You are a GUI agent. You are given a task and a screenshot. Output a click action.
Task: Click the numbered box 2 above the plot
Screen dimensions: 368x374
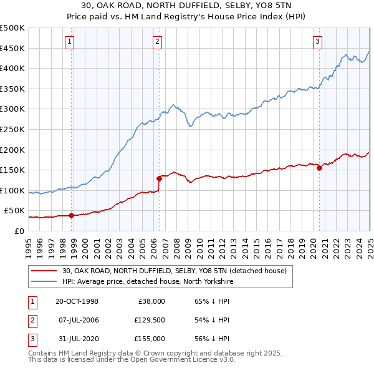pyautogui.click(x=157, y=42)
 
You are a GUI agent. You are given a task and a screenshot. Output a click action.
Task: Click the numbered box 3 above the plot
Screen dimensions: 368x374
pyautogui.click(x=317, y=42)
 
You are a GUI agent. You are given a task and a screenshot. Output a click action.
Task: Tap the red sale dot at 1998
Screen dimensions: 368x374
pyautogui.click(x=72, y=216)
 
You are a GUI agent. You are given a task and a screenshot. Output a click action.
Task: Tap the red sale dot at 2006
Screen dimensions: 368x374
pyautogui.click(x=160, y=178)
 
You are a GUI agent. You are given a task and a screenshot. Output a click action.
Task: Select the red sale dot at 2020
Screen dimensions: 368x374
pyautogui.click(x=319, y=168)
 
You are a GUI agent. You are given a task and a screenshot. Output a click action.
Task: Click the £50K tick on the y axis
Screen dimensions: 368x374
pyautogui.click(x=14, y=211)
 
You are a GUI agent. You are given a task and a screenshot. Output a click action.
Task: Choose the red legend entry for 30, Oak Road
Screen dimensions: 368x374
pyautogui.click(x=174, y=271)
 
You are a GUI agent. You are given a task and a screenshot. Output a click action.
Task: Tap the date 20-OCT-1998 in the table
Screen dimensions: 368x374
pyautogui.click(x=77, y=301)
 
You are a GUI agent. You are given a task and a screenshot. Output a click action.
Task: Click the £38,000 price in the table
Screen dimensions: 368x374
pyautogui.click(x=151, y=301)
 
